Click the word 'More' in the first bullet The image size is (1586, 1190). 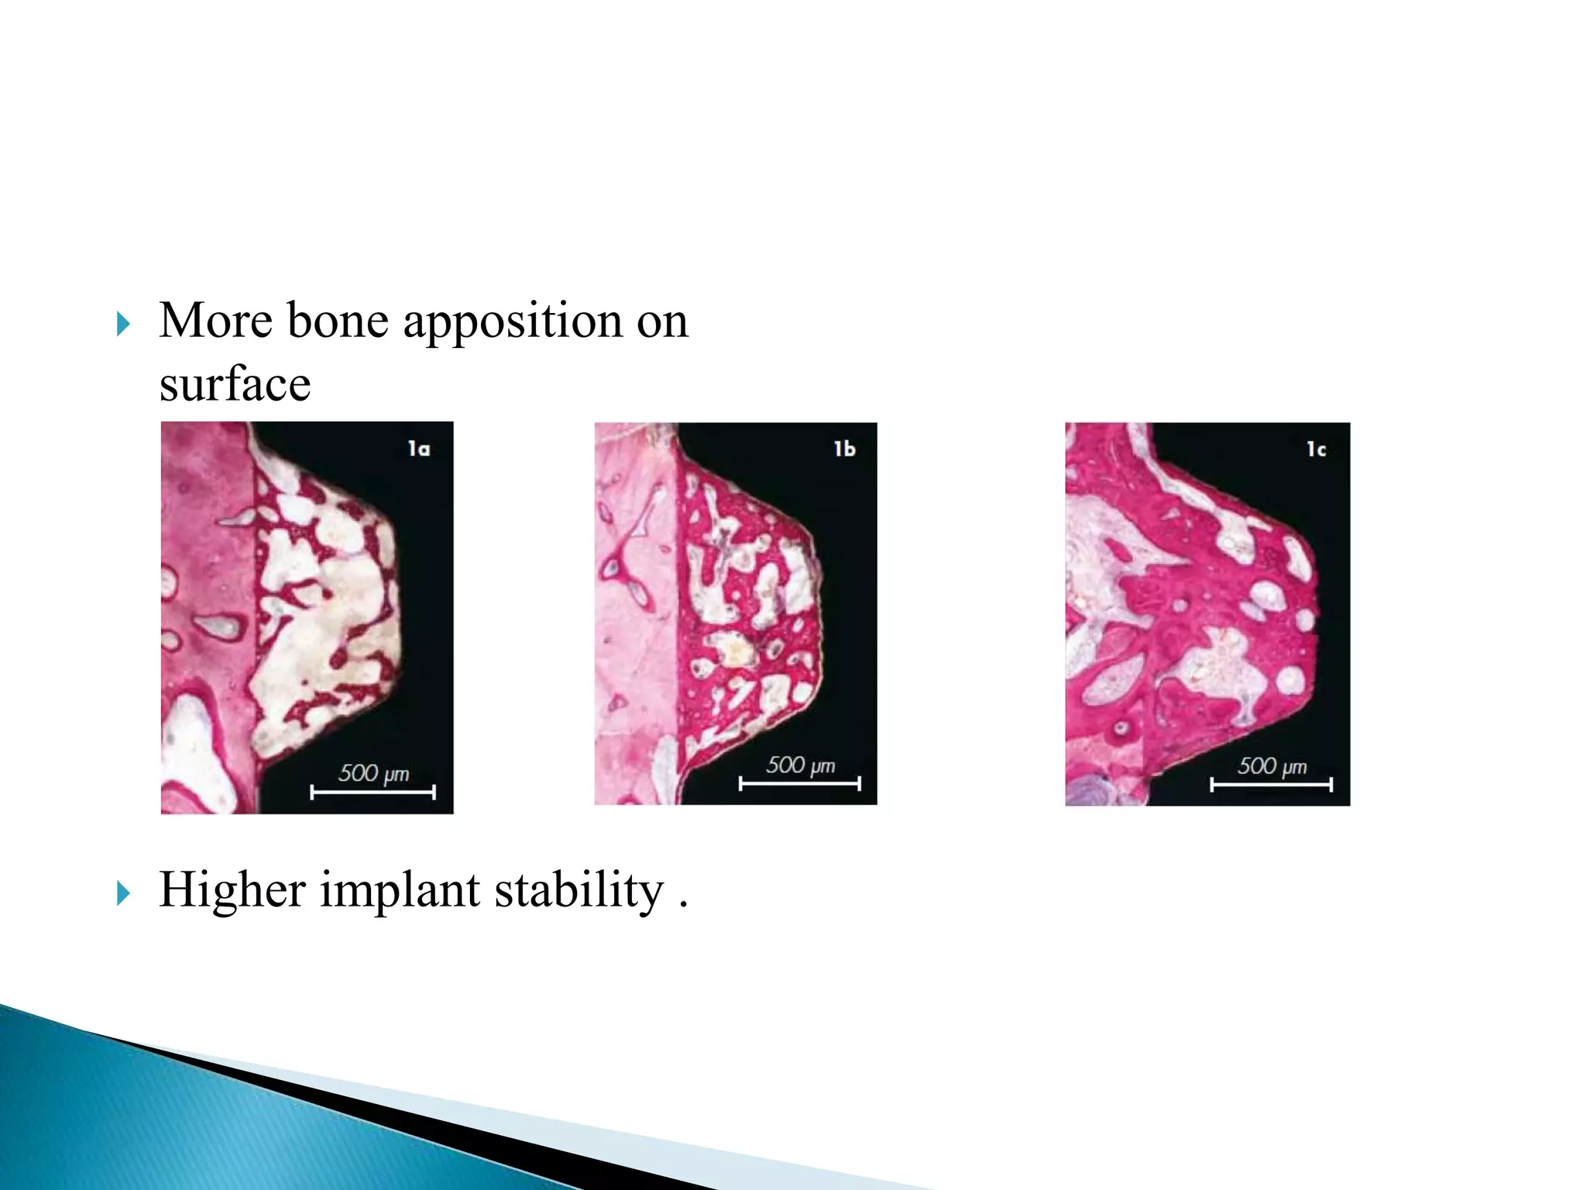coord(215,321)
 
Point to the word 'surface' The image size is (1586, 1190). coord(235,384)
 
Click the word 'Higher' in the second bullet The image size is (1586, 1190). coord(232,890)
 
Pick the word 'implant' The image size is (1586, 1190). coord(400,890)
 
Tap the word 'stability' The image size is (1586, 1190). coord(578,890)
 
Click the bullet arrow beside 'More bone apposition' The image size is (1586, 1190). coord(123,324)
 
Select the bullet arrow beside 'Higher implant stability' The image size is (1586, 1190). coord(123,893)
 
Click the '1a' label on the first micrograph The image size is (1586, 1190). coord(419,449)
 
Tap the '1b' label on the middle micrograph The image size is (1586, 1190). coord(844,449)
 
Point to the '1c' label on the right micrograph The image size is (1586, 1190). coord(1317,449)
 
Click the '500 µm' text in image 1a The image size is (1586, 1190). coord(373,773)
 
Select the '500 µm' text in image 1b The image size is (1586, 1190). coord(801,765)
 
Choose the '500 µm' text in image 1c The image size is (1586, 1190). coord(1272,766)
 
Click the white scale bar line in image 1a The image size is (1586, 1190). coord(372,792)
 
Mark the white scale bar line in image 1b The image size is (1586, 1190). coord(799,784)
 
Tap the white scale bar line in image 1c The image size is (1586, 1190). coord(1271,785)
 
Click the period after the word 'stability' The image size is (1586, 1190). coord(683,905)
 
